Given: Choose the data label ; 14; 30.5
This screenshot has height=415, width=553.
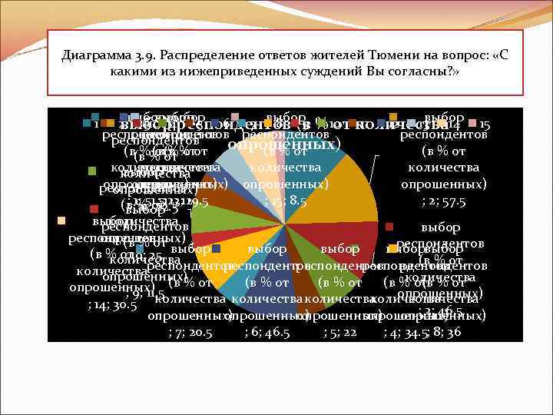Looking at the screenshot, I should tap(112, 305).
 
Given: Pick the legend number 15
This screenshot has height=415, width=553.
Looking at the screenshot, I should tap(485, 124).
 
